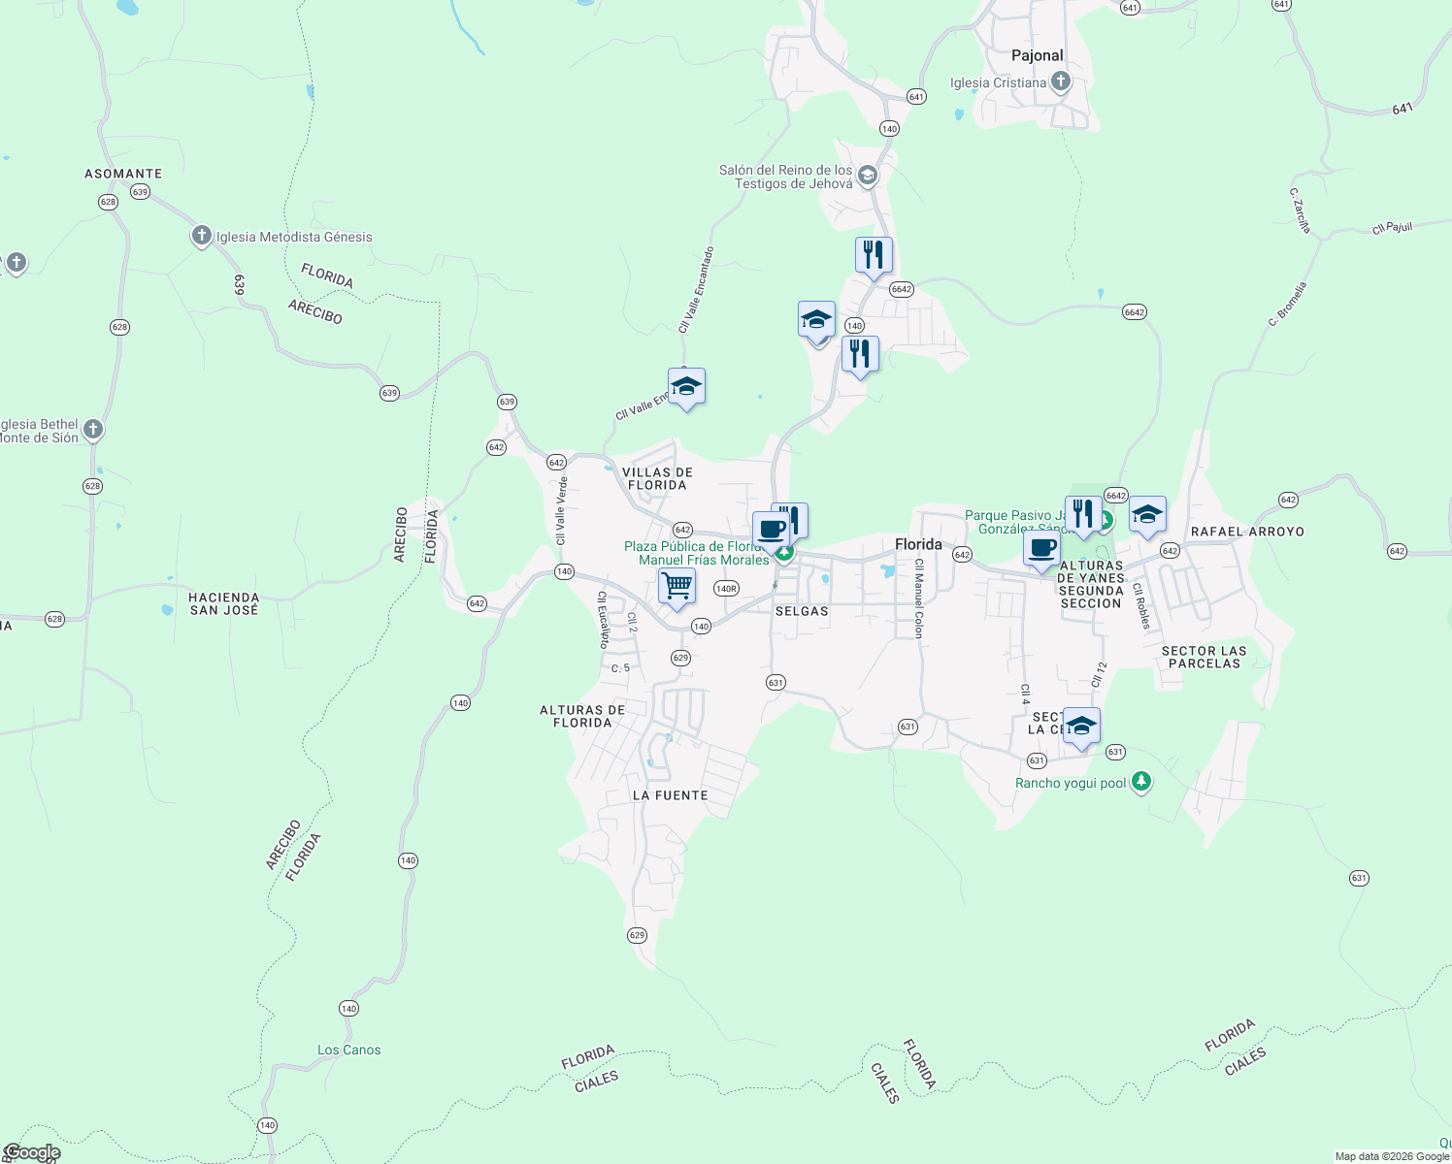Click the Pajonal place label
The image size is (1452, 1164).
1037,55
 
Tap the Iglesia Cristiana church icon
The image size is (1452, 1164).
1061,81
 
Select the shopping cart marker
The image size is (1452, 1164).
676,586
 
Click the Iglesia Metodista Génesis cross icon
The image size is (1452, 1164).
201,236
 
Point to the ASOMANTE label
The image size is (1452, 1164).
123,174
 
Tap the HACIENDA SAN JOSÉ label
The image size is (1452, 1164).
224,603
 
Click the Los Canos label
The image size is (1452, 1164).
349,1050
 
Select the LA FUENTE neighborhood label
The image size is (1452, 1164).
670,795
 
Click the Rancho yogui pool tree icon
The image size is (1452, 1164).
1141,782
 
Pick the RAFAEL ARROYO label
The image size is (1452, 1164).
1247,532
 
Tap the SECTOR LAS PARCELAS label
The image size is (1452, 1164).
1204,658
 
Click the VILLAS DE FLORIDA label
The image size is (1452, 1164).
657,478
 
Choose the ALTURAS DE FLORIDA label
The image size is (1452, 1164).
582,716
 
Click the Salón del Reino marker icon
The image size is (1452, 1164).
868,176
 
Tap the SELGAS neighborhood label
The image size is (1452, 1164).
802,611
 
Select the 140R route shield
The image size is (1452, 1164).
726,589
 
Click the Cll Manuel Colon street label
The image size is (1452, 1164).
919,598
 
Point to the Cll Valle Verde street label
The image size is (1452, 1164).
561,510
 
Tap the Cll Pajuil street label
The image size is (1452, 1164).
1392,228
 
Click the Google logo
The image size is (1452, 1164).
32,1152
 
